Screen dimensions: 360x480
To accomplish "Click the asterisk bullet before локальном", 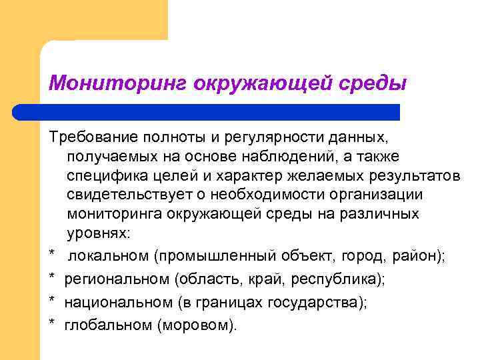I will (x=51, y=255).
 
